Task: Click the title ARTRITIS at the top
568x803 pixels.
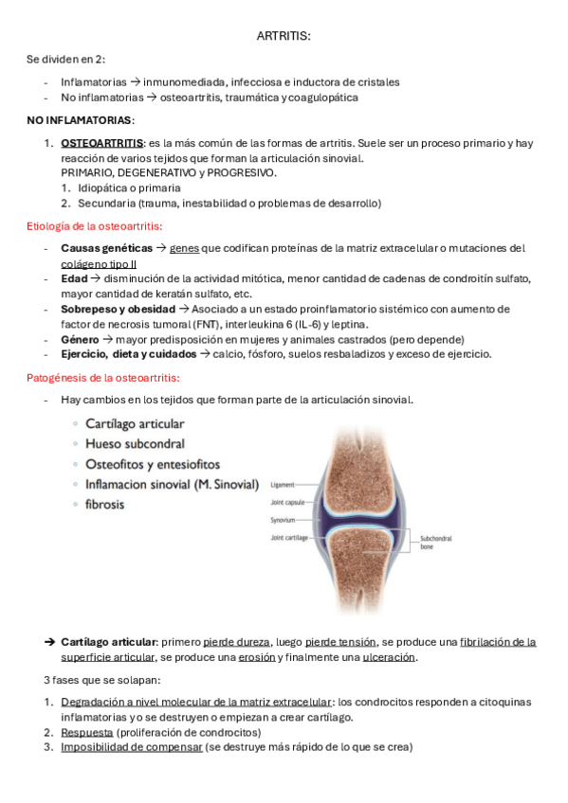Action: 284,36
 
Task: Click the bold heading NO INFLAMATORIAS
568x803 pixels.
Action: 81,120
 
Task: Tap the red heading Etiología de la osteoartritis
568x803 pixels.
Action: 95,225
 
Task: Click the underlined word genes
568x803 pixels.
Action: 185,248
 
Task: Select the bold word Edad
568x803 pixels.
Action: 73,278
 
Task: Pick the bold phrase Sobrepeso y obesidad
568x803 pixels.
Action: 119,309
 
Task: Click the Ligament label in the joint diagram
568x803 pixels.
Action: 284,484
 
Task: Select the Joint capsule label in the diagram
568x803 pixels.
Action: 288,502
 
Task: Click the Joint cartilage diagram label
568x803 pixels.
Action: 290,538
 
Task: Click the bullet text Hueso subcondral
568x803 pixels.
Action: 135,443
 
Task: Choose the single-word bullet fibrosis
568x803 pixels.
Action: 104,505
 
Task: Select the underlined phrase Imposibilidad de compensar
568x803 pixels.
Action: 132,747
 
